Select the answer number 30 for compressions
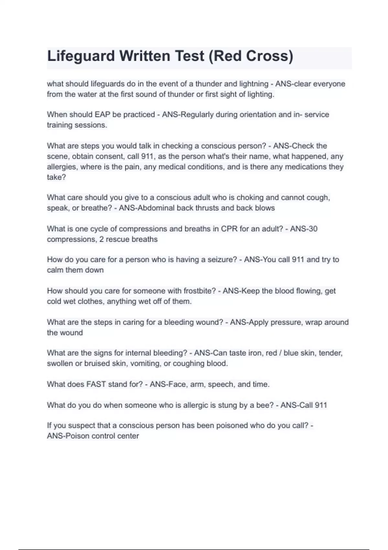(x=313, y=229)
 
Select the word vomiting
(x=146, y=364)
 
